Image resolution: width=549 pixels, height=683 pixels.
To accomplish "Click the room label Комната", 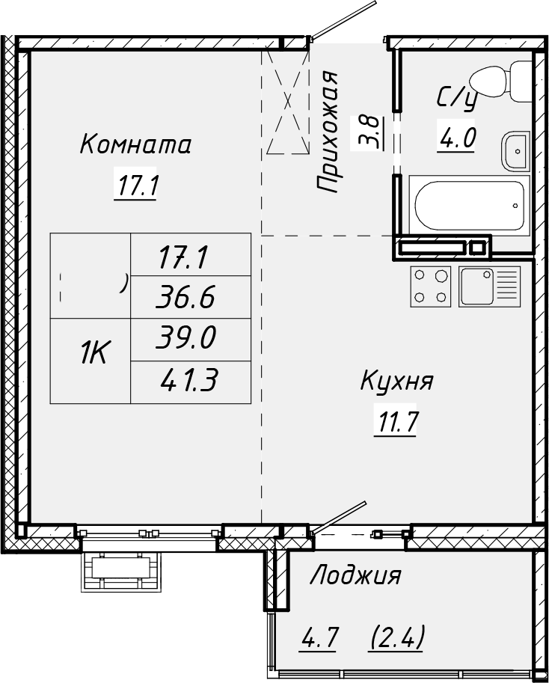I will point(135,144).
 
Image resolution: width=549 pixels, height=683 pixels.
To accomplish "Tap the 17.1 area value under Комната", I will point(135,185).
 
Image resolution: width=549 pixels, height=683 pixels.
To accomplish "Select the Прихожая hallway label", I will point(328,134).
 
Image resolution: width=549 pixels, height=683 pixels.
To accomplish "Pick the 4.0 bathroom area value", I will point(456,138).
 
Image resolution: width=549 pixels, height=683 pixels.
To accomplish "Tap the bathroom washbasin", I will point(516,152).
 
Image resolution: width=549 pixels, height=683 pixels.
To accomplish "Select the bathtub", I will point(469,204).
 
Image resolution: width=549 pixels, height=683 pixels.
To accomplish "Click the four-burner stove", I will point(432,286).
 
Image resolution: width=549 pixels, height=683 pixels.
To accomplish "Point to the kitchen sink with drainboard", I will point(490,286).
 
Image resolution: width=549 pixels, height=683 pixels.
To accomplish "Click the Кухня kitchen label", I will point(396,382).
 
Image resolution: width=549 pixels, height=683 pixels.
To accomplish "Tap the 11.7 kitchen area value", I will point(396,423).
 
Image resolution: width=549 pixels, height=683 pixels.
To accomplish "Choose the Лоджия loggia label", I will point(355,576).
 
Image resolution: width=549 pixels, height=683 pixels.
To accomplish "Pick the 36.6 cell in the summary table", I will point(187,298).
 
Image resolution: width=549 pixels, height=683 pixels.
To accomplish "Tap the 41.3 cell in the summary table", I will point(188,382).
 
